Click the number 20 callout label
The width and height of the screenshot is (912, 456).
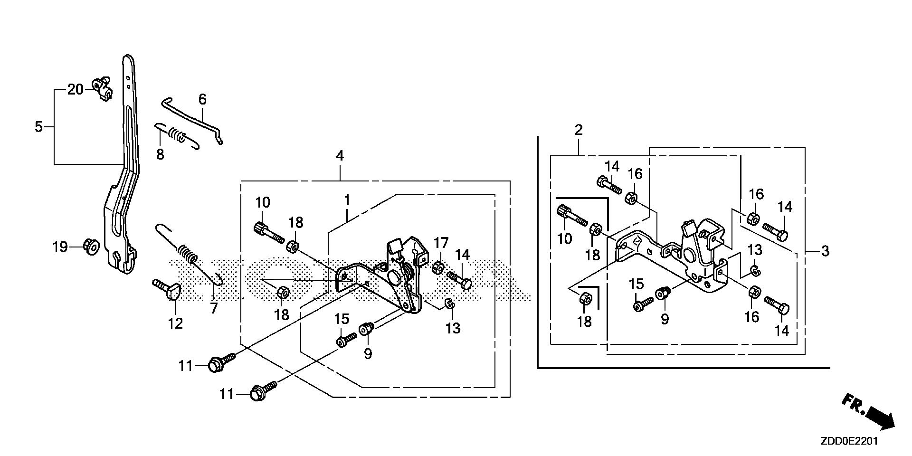click(x=75, y=89)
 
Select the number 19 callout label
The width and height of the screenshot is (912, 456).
click(x=60, y=247)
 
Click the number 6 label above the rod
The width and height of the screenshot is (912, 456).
click(x=202, y=99)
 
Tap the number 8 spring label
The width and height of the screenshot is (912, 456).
click(x=160, y=154)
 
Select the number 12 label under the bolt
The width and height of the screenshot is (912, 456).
click(x=175, y=323)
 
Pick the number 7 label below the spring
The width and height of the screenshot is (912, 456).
click(x=214, y=308)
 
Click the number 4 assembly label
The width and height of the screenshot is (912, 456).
click(x=340, y=155)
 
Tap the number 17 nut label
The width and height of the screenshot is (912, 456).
click(x=441, y=244)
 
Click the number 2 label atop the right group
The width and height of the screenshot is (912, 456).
click(x=578, y=130)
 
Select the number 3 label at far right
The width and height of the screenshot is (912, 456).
click(x=825, y=250)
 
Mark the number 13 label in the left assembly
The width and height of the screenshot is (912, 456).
click(x=453, y=328)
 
